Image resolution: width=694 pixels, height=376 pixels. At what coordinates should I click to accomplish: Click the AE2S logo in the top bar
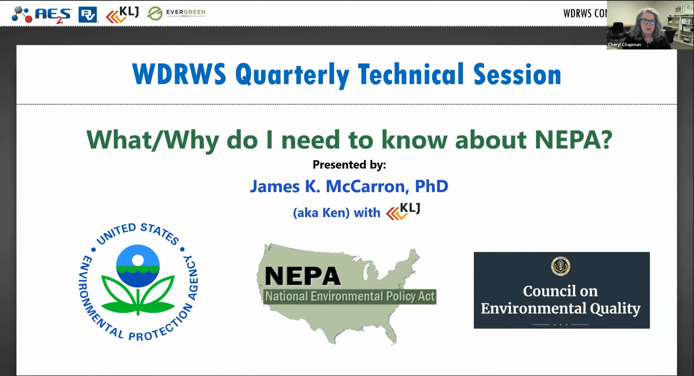42,15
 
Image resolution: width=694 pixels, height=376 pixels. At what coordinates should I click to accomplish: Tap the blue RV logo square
88,15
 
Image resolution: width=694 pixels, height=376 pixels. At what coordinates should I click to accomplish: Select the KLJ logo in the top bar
123,15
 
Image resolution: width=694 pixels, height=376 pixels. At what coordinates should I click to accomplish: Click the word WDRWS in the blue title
179,74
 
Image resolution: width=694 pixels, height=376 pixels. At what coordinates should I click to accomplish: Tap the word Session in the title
517,74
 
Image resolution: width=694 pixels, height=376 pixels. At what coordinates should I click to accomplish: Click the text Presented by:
349,165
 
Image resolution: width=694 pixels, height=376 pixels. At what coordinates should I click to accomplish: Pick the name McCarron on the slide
367,186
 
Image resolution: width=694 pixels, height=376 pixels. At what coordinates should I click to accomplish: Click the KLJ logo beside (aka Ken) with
403,211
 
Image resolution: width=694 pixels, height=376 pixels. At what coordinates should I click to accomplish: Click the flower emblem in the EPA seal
138,280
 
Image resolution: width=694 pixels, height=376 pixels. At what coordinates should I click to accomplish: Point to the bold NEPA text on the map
303,276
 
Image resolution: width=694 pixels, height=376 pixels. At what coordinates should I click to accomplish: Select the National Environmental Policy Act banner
350,297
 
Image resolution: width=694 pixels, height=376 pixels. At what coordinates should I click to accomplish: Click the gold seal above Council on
560,266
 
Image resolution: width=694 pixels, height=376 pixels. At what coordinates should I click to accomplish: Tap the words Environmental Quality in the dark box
561,308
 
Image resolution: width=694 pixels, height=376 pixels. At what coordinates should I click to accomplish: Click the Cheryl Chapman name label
624,45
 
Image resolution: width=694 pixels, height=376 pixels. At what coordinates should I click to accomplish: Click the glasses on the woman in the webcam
648,22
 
